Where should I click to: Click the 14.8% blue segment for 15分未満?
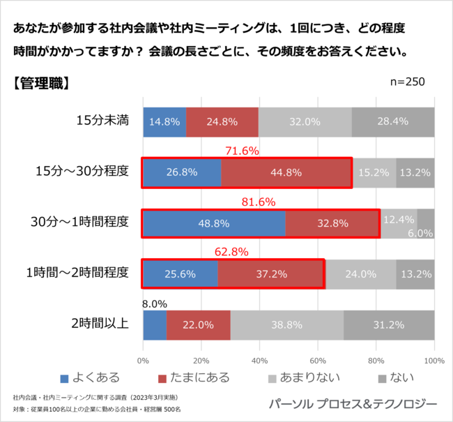pyautogui.click(x=164, y=122)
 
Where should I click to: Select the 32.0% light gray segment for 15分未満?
pyautogui.click(x=305, y=122)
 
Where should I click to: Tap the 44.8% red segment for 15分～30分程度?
pyautogui.click(x=286, y=173)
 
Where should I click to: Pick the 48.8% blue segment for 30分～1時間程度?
pyautogui.click(x=213, y=224)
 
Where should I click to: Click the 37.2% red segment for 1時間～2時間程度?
pyautogui.click(x=271, y=274)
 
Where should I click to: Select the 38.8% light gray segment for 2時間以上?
pyautogui.click(x=286, y=325)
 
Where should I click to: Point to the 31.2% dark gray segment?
pyautogui.click(x=389, y=325)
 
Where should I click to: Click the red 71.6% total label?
pyautogui.click(x=242, y=151)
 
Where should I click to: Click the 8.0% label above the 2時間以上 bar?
pyautogui.click(x=155, y=303)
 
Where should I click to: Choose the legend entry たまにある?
pyautogui.click(x=199, y=378)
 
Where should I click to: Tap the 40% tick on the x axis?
pyautogui.click(x=259, y=361)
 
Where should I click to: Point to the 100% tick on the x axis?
pyautogui.click(x=433, y=361)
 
